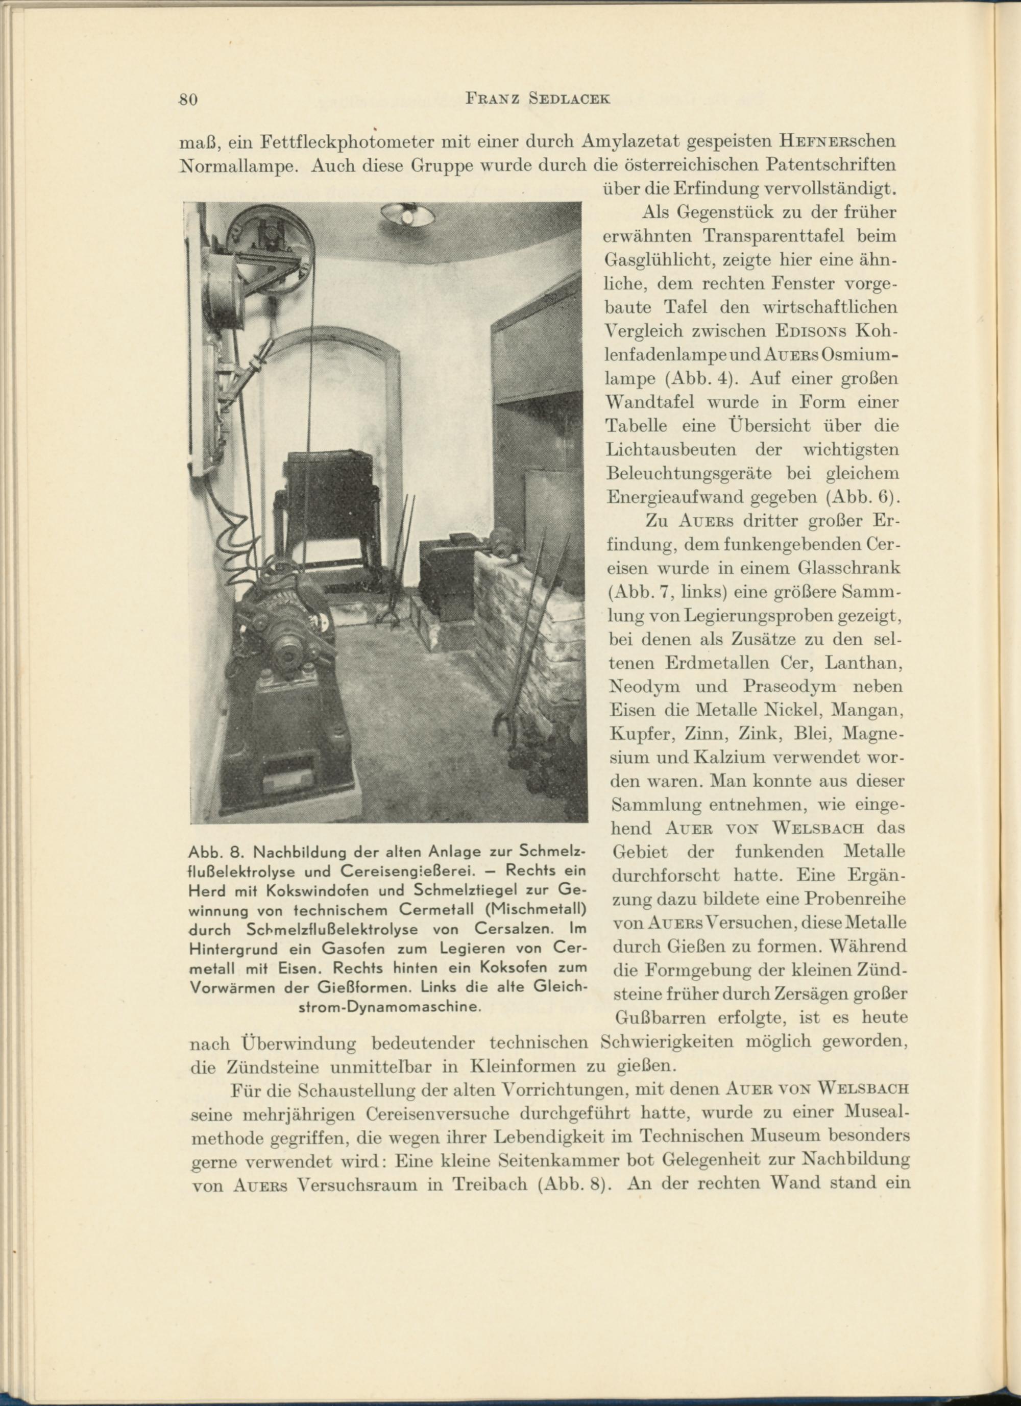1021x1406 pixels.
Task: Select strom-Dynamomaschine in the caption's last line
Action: (390, 1007)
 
